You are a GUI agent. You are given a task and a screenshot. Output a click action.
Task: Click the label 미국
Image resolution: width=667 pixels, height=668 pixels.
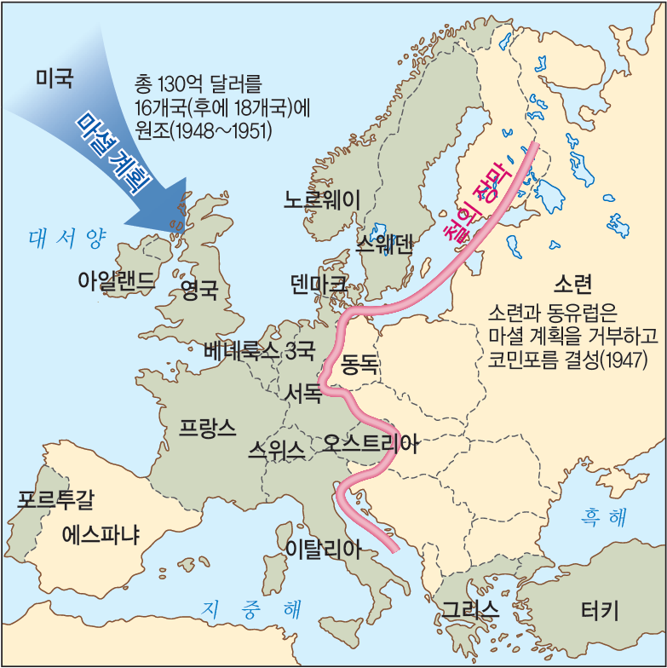click(x=55, y=79)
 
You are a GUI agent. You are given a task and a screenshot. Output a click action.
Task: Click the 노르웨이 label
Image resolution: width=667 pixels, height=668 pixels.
click(x=322, y=199)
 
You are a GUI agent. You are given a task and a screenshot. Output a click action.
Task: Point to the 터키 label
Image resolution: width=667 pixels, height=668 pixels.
click(x=600, y=610)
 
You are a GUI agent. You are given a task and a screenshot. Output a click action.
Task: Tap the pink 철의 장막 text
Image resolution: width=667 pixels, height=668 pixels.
click(x=471, y=201)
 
